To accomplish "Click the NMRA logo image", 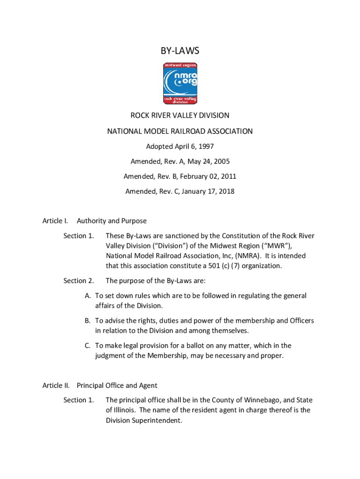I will pos(180,83).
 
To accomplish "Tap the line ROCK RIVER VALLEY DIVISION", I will pos(180,115).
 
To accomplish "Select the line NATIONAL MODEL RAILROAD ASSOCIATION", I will pos(180,131).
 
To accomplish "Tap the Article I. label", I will pos(56,221).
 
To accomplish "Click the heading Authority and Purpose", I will pos(112,221).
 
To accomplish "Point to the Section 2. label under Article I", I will pos(79,281).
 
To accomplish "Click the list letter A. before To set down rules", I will pos(88,296).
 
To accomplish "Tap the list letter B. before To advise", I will pos(88,321).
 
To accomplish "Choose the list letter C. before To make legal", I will pos(88,346).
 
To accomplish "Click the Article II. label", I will pos(56,385).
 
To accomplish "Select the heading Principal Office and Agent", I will pos(117,385).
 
